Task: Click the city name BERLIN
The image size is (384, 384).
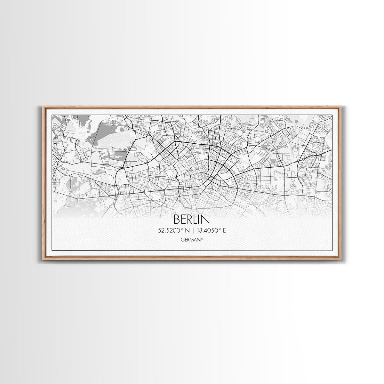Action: point(192,219)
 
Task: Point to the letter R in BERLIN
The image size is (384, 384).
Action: point(191,219)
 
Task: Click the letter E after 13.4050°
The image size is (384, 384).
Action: point(224,230)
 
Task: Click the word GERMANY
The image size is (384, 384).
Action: point(192,239)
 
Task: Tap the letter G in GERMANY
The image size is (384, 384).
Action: point(182,239)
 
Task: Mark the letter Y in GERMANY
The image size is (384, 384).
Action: point(202,239)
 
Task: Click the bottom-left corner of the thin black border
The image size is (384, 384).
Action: point(52,250)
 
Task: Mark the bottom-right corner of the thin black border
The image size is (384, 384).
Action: point(332,250)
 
